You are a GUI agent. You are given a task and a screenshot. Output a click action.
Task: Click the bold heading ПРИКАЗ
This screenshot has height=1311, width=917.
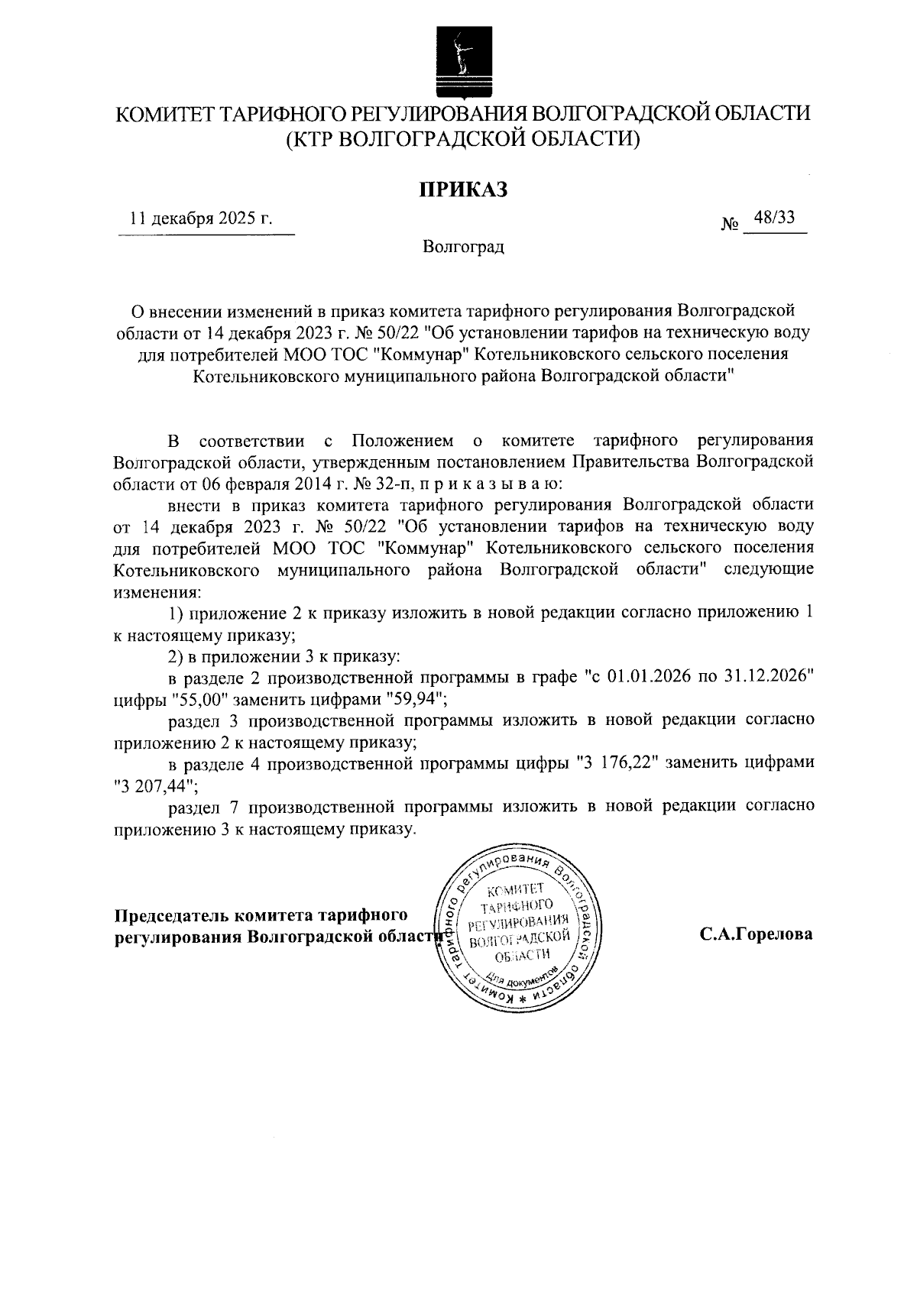tap(462, 189)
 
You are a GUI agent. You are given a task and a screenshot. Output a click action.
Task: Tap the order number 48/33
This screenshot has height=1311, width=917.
tap(774, 218)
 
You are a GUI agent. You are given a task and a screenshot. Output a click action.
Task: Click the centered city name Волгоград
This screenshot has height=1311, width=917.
tap(463, 248)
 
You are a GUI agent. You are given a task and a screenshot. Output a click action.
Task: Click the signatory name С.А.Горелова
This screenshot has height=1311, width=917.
tap(755, 934)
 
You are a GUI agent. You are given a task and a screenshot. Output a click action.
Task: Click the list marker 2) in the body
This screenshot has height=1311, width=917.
tap(177, 656)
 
